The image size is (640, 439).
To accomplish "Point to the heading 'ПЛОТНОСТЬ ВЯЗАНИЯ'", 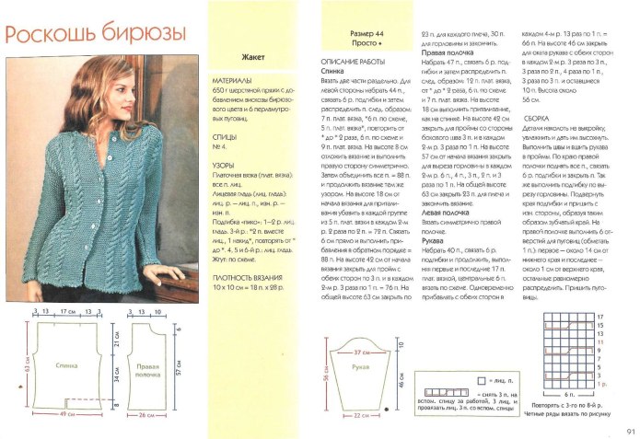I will [x=250, y=276].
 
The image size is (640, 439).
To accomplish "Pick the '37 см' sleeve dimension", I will [x=361, y=352].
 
